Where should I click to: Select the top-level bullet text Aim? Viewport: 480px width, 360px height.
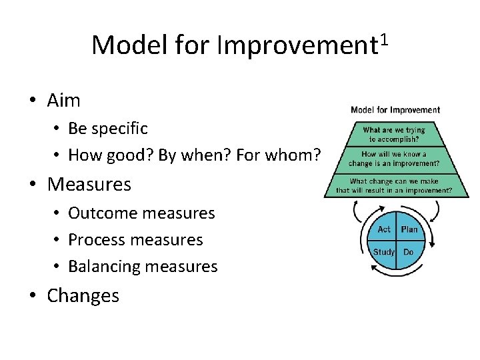(63, 101)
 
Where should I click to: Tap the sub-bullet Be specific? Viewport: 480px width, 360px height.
(108, 128)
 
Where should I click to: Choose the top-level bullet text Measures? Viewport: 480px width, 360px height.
(89, 184)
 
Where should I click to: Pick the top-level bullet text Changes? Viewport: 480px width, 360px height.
(83, 295)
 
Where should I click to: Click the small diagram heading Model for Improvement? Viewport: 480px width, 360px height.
(395, 110)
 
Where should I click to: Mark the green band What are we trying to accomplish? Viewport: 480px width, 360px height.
(394, 135)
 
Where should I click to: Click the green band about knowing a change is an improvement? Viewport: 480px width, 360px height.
(394, 159)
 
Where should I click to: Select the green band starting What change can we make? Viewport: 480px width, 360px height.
(394, 186)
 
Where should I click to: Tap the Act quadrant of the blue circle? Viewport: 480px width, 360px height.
(383, 229)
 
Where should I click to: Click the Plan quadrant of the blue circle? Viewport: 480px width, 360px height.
(409, 229)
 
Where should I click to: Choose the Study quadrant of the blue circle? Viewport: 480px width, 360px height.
(383, 252)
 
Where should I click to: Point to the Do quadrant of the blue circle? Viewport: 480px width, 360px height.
(408, 252)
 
